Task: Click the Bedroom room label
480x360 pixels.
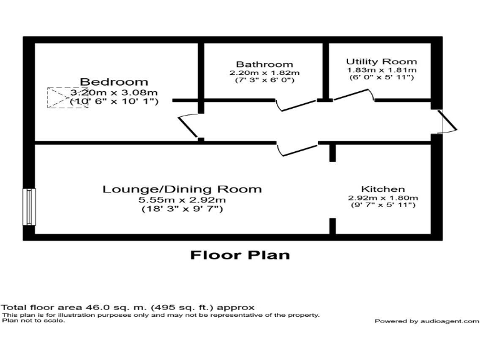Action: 114,82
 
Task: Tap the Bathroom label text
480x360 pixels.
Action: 264,64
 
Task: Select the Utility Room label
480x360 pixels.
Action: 381,61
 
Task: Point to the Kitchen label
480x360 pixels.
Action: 382,189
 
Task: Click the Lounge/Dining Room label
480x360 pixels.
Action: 182,189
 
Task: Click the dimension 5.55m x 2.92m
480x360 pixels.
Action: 182,200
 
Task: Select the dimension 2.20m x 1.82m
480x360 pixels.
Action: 264,72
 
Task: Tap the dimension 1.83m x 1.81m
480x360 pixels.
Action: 381,70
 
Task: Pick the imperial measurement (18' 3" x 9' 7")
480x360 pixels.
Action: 182,209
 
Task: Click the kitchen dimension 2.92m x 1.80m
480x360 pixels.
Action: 382,198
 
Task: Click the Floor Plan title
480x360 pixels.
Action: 239,255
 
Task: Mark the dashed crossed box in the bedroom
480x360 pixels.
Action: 67,97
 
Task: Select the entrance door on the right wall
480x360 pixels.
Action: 448,121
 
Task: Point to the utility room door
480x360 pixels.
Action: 353,95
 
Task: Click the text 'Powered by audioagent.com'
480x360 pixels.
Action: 426,321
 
